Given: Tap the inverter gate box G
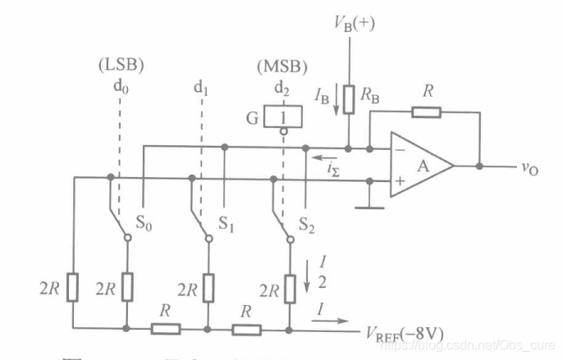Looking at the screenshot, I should point(283,116).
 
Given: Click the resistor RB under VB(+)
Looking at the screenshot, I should point(350,98).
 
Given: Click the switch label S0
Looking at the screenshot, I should point(147,222).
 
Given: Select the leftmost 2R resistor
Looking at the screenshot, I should point(74,287).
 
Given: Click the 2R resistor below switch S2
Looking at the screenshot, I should point(289,287).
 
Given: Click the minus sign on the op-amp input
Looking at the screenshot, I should point(399,149).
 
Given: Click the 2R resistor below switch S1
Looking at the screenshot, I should point(207,287).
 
